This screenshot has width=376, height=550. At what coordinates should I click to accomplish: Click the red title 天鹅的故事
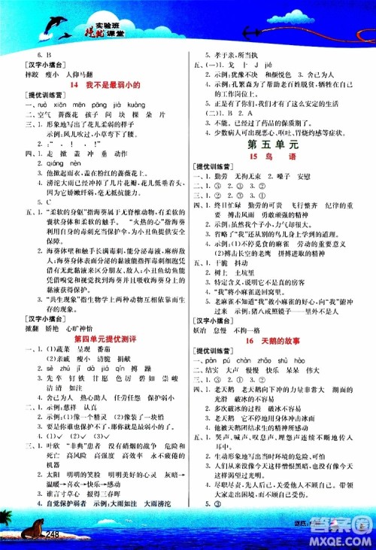(281, 318)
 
